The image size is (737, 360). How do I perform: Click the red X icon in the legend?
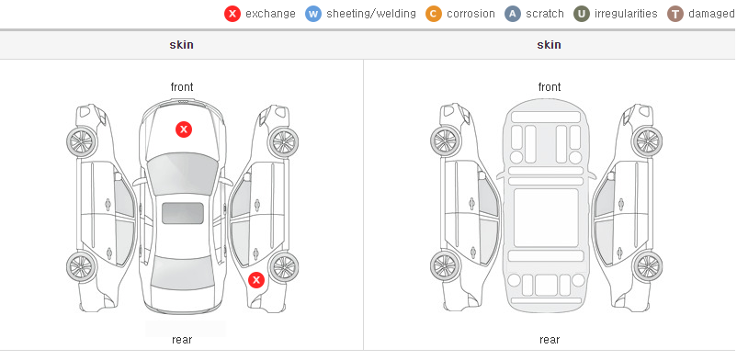tap(232, 14)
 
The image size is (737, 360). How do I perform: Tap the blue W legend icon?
tap(313, 14)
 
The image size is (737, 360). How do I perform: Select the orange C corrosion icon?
tap(434, 14)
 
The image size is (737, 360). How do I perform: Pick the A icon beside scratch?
tap(513, 14)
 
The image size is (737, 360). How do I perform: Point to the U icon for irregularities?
tap(582, 14)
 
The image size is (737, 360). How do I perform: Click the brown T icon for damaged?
tap(675, 14)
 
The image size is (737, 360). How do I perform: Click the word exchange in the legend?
tap(270, 14)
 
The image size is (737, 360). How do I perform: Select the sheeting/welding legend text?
tap(371, 14)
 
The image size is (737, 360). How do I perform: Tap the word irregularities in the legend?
tap(626, 14)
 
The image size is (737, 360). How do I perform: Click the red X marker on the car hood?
tap(184, 129)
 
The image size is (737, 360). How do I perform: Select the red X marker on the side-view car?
tap(256, 281)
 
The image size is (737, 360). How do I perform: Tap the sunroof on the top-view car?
tap(183, 213)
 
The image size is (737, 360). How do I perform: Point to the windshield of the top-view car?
tap(182, 173)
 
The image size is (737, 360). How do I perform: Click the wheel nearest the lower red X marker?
tap(284, 266)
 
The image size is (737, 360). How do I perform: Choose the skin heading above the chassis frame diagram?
tap(549, 45)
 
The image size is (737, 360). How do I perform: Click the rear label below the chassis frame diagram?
tap(549, 340)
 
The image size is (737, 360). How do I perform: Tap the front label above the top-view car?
tap(182, 87)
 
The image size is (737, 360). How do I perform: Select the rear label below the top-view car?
tap(182, 340)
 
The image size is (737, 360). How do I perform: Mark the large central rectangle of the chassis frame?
tap(546, 218)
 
